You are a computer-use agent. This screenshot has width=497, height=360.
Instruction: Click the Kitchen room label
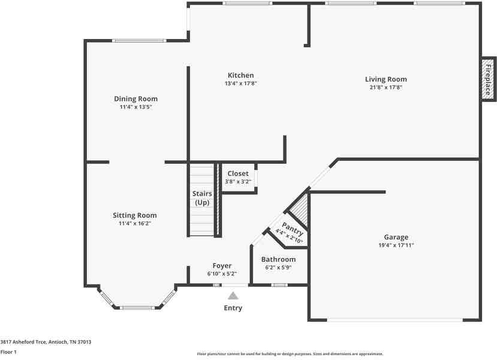point(240,76)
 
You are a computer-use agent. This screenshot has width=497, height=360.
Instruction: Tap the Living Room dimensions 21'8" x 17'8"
point(385,87)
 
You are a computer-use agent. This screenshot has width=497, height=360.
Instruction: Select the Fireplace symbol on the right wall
point(489,79)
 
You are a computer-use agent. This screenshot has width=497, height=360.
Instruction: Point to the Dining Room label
point(135,99)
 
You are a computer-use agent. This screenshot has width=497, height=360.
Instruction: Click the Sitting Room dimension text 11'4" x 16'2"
point(135,223)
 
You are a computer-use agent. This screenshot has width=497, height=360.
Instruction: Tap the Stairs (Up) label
point(202,198)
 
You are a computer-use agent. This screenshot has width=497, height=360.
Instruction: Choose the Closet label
point(238,173)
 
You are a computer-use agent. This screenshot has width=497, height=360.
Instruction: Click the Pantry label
point(293,229)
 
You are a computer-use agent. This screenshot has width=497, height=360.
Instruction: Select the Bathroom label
point(278,259)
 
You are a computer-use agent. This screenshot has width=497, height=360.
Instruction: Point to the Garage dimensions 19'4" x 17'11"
point(396,245)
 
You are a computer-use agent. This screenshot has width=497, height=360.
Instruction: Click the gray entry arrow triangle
point(233,296)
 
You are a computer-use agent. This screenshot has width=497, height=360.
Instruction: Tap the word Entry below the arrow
point(233,308)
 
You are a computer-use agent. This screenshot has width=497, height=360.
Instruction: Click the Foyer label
point(222,266)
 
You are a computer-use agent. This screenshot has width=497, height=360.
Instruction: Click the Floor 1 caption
point(8,352)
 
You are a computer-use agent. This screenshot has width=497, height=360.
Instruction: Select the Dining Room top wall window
point(139,41)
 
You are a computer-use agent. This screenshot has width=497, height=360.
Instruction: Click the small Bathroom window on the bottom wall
point(279,285)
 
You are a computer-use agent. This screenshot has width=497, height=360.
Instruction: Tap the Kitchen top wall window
point(247,3)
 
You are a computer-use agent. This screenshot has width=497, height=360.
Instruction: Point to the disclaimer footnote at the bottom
point(290,353)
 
